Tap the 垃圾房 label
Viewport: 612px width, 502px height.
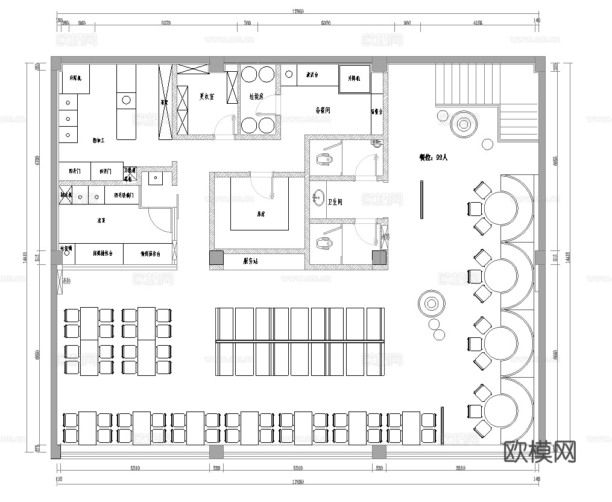click(x=257, y=96)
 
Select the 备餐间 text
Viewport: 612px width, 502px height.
click(x=323, y=110)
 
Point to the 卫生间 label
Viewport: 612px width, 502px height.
click(x=335, y=202)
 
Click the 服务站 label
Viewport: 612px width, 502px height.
click(x=251, y=261)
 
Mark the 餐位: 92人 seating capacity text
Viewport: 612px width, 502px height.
click(x=434, y=157)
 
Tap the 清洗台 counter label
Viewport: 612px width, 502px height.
click(x=312, y=75)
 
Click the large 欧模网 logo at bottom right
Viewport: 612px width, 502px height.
click(x=539, y=451)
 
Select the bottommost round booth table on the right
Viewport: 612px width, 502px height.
click(x=501, y=411)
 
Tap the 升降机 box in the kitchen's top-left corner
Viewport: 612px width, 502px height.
click(x=75, y=78)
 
